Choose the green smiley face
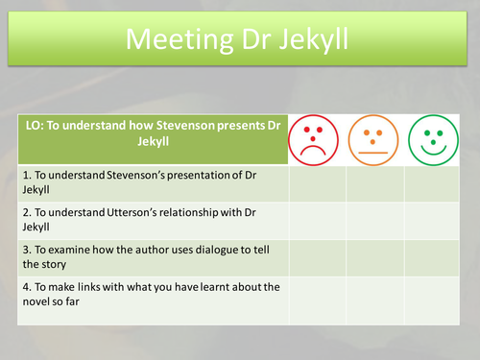(x=432, y=139)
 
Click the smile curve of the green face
(x=432, y=149)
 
